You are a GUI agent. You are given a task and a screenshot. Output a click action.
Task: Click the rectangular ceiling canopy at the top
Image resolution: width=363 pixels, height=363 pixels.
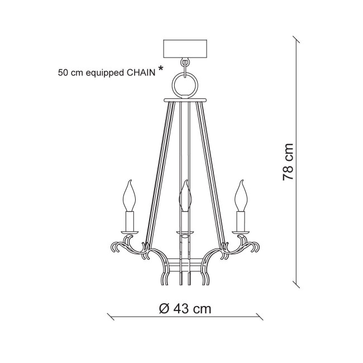point(185,49)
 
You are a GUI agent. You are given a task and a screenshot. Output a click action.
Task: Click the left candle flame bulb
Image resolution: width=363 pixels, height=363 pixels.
point(129,196)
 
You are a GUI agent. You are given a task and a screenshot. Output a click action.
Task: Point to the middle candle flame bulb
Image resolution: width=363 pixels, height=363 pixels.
point(185,196)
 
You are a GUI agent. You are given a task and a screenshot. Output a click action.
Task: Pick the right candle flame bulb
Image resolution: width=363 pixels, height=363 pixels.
point(241,196)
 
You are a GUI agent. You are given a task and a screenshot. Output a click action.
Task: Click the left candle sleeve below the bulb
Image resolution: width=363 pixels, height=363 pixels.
point(130,221)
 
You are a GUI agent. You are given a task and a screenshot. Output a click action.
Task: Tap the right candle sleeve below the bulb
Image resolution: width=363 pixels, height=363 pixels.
point(241,221)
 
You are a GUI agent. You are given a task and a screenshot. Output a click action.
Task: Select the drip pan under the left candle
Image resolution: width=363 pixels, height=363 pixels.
point(130,232)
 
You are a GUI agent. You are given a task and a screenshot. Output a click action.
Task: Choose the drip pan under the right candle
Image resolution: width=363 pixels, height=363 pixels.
point(241,232)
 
